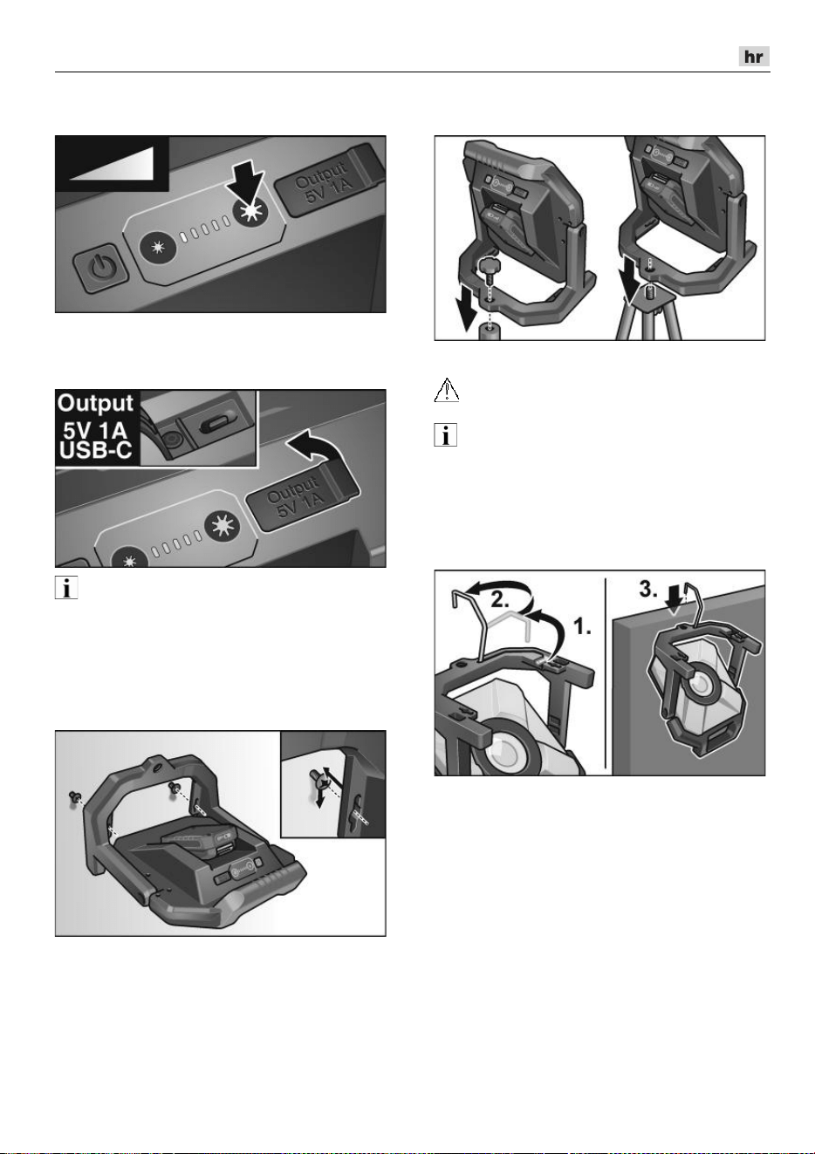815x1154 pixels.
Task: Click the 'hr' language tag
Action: tap(754, 57)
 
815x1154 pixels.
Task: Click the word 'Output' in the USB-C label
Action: tap(95, 403)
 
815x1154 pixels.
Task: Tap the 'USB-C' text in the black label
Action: tap(96, 450)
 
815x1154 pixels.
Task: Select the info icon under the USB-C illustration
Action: tap(66, 588)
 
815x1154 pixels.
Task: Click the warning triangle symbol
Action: tap(447, 390)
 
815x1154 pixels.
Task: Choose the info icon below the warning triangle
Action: tap(446, 434)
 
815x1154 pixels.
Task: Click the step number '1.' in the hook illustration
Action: tap(583, 627)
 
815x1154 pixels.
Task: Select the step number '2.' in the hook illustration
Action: tap(499, 599)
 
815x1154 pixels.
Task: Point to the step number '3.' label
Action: tap(648, 589)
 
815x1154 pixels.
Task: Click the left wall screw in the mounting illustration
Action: tap(73, 797)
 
